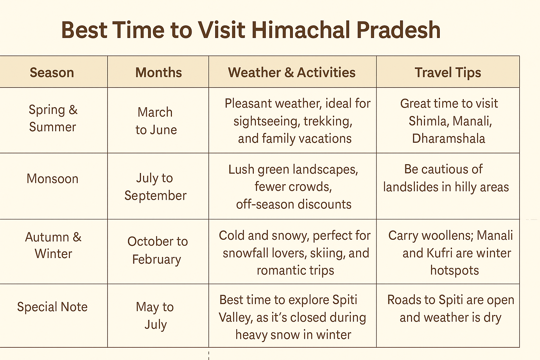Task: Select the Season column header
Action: click(52, 72)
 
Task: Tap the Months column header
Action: click(159, 72)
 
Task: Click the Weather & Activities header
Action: click(292, 72)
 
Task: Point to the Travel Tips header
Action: click(448, 72)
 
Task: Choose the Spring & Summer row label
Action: click(53, 118)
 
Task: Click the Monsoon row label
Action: click(52, 179)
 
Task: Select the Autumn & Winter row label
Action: click(53, 245)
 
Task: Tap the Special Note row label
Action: click(52, 307)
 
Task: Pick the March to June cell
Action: click(156, 121)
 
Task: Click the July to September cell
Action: click(155, 187)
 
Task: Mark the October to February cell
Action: click(157, 250)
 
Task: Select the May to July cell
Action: click(155, 316)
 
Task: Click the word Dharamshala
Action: click(448, 139)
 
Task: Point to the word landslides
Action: click(410, 187)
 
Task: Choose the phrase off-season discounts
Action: click(294, 204)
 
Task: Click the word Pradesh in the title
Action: click(398, 30)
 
